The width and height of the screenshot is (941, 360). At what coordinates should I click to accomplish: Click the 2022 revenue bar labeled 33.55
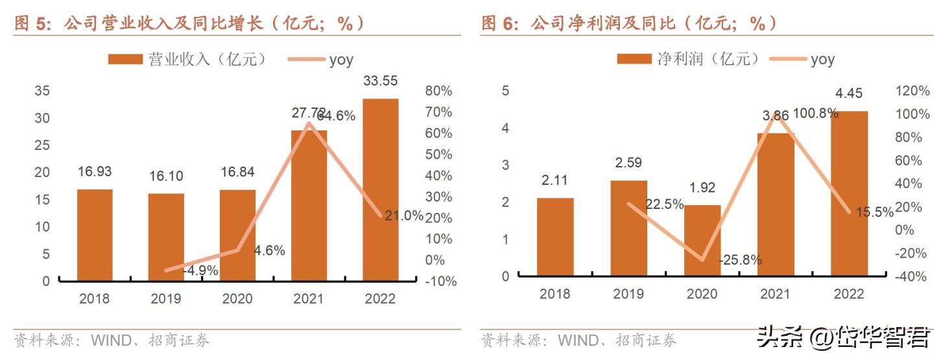point(380,189)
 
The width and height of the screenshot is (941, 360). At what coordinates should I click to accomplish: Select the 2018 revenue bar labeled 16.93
point(95,235)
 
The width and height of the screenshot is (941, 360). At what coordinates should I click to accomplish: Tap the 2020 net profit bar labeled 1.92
point(702,241)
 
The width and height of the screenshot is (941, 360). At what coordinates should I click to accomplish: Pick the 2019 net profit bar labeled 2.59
point(629,228)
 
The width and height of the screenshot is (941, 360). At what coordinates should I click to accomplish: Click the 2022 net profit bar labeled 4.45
point(849,193)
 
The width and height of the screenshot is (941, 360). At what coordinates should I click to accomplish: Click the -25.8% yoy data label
point(740,260)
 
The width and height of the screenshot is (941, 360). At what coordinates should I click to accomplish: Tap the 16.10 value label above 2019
point(166,176)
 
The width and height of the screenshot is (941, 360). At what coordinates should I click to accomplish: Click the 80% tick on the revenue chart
point(439,91)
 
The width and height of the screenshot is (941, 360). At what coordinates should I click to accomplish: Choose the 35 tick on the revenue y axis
point(42,91)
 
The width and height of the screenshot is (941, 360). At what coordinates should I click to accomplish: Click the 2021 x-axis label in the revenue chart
point(309,299)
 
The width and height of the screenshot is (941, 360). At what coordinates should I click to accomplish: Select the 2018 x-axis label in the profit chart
point(554,294)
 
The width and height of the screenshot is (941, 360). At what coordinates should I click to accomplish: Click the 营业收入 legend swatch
point(125,60)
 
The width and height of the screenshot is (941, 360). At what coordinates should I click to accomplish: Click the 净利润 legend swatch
point(634,60)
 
